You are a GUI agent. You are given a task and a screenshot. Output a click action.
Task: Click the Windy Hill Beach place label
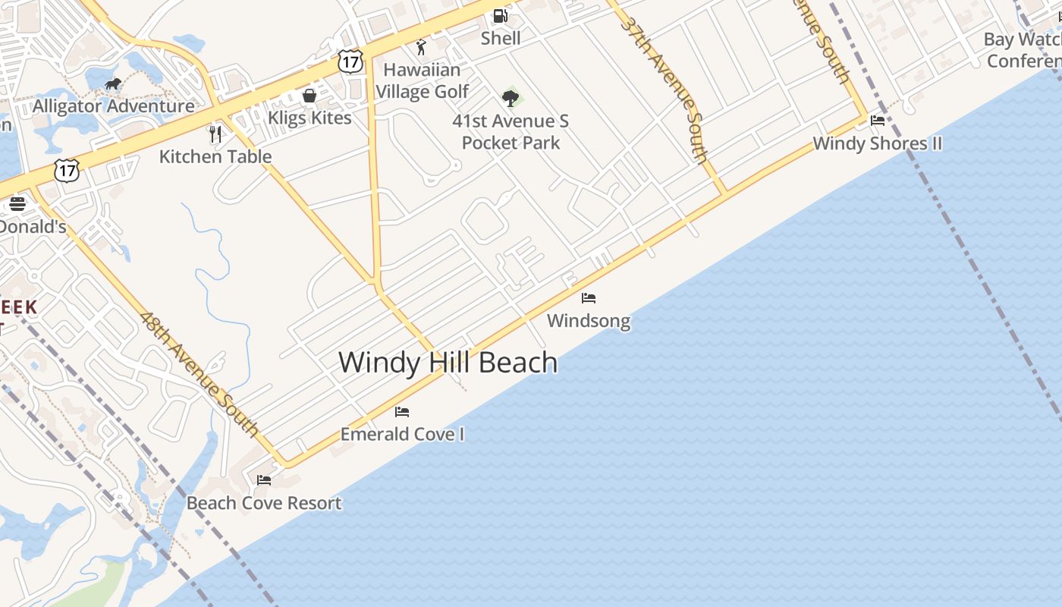coord(448,363)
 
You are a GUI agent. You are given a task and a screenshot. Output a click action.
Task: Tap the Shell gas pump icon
coord(500,15)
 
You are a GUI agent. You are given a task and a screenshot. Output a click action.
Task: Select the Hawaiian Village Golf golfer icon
coord(422,47)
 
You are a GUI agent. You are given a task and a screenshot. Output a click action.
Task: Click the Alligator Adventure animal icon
coord(113,83)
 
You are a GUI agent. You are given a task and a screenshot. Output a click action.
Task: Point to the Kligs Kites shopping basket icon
coord(309,96)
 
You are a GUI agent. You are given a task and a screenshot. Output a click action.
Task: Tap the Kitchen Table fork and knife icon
coord(215,134)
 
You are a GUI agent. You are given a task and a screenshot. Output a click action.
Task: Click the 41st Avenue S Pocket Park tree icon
coord(511,98)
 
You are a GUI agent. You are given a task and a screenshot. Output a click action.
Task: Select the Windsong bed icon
coord(589,298)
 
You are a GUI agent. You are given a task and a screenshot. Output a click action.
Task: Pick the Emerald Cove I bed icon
coord(402,412)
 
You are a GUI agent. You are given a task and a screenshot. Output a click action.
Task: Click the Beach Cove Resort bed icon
coord(264,480)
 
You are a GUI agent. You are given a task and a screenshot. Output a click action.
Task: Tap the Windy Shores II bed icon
coord(878,121)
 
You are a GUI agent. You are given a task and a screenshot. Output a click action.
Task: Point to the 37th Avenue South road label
coord(665,89)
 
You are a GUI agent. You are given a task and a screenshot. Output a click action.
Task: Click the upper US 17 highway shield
coord(350,61)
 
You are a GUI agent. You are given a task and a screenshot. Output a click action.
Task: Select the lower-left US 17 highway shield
coord(67,171)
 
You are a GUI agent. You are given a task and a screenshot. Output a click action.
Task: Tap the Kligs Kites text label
coord(309,118)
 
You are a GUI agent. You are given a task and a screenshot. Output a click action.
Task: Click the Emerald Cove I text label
coord(402,434)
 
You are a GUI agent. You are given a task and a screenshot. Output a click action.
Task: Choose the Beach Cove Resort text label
coord(264,503)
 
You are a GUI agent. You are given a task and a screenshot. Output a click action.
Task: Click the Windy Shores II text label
coord(878,143)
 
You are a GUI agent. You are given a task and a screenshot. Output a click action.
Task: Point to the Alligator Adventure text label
coord(114,106)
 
